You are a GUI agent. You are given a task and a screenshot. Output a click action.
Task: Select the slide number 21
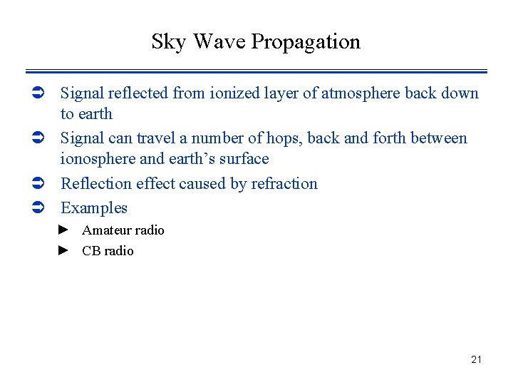coord(476,359)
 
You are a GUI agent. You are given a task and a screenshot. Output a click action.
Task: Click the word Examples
coord(94,208)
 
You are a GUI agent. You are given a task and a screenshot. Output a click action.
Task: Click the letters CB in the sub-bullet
coord(90,251)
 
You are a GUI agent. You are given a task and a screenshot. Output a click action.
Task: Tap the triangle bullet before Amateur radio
coord(63,230)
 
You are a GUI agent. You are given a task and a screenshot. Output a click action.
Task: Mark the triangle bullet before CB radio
coord(63,250)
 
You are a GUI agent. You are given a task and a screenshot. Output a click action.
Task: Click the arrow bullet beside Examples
coord(40,208)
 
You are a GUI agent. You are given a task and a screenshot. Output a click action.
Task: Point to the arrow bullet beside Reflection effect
coord(40,184)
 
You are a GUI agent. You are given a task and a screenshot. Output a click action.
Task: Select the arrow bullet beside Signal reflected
coord(40,93)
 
